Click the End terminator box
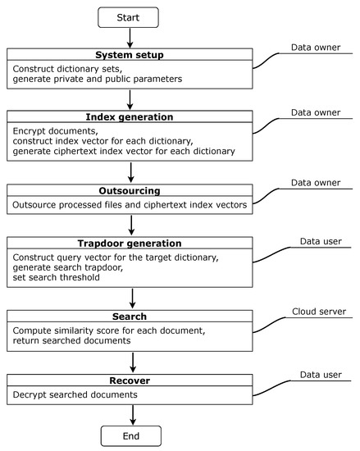130,435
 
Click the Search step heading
130,316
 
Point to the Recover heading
130,381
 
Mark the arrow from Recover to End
130,413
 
